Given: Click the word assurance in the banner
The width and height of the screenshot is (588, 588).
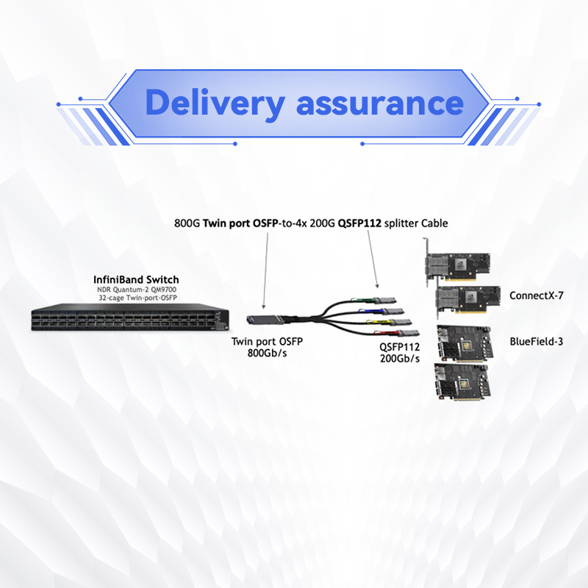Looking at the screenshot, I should (379, 103).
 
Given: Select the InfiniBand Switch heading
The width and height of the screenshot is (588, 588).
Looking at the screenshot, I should (137, 280).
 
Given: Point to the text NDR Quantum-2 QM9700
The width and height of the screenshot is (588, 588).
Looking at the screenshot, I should (137, 290).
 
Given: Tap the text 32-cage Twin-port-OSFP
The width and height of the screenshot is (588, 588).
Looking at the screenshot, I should (137, 299).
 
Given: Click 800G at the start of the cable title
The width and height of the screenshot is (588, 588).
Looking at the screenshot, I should (186, 223).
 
